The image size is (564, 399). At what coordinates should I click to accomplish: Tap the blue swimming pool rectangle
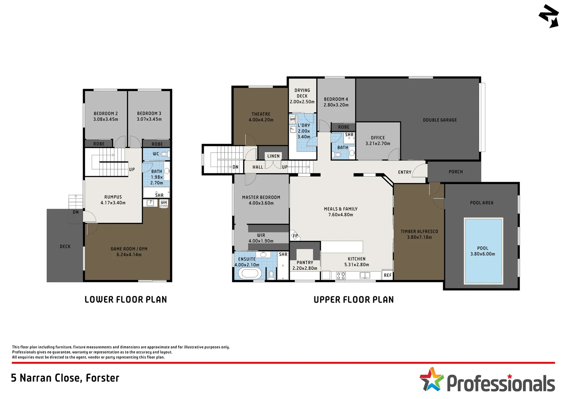(x=483, y=251)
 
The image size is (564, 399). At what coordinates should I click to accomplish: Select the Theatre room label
(x=261, y=114)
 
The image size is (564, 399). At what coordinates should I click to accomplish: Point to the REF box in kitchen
(x=387, y=275)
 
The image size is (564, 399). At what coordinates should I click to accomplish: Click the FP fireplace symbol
(x=295, y=236)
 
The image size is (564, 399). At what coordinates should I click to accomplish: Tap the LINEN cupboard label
(x=274, y=156)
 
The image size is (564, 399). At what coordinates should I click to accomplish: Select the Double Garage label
(x=440, y=120)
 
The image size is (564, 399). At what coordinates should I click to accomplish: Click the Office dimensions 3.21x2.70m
(x=378, y=144)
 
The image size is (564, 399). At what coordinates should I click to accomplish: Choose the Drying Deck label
(x=302, y=93)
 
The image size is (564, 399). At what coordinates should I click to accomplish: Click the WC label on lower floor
(x=156, y=154)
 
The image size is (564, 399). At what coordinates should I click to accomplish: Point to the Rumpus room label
(x=113, y=197)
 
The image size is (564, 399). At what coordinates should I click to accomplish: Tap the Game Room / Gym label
(x=129, y=249)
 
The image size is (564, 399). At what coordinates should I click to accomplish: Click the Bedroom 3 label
(x=149, y=113)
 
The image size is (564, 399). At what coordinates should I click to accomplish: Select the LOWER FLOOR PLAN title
(x=125, y=300)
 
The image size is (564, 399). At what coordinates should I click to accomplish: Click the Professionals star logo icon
(x=431, y=379)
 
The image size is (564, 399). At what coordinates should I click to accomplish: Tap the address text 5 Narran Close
(x=65, y=378)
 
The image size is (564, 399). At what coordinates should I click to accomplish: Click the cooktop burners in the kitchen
(x=341, y=275)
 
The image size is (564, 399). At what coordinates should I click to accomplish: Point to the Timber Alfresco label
(x=419, y=232)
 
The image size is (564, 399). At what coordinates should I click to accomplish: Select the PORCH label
(x=455, y=172)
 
